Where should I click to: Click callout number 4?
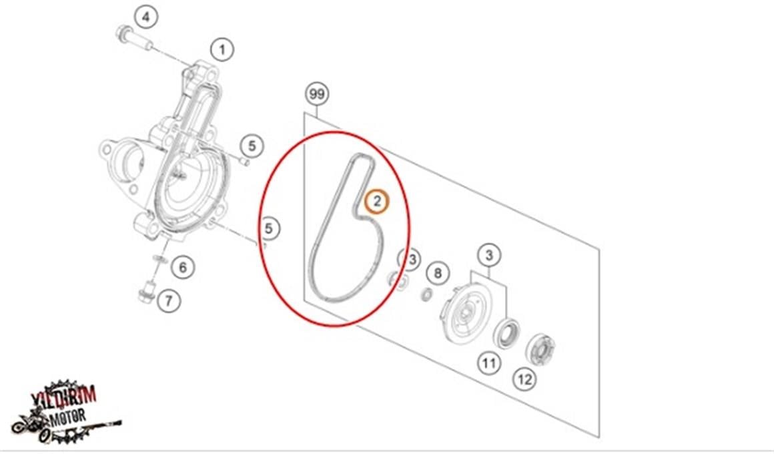146,16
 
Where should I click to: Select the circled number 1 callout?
222,49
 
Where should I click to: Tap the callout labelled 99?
317,94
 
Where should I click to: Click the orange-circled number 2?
376,200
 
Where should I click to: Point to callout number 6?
183,268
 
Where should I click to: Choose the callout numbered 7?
169,301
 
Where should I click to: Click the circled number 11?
490,363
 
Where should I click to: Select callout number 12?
525,380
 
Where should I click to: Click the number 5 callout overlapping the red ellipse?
269,228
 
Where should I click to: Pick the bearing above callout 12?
540,349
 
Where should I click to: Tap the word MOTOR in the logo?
69,417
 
